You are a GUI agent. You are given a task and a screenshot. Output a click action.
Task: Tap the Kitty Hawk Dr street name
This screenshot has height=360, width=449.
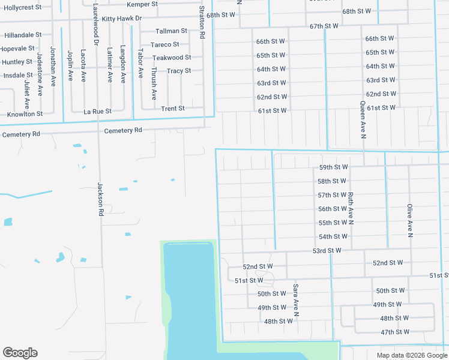(122, 19)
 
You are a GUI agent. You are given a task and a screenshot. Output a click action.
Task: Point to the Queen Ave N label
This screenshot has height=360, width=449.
(363, 119)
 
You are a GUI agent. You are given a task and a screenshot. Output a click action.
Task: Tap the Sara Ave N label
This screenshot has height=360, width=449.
(295, 300)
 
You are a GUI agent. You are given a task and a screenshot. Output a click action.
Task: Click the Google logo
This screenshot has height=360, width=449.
(20, 353)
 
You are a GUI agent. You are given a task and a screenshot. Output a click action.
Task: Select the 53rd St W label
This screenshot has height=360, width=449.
(327, 250)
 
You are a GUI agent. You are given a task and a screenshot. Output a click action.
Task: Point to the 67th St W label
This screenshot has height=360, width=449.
(324, 26)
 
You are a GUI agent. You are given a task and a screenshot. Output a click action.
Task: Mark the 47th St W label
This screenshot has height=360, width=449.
(395, 332)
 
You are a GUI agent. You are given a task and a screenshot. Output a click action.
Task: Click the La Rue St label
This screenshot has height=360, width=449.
(97, 111)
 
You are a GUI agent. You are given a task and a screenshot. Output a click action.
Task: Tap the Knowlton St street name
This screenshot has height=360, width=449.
(25, 113)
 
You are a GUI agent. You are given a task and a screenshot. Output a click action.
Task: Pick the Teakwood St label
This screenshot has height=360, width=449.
(172, 58)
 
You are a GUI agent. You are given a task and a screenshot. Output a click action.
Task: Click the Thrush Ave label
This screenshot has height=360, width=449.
(154, 83)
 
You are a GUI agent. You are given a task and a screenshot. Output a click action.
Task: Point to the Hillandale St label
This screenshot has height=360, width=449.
(22, 35)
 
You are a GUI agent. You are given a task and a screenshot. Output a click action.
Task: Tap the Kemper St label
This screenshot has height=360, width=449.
(142, 4)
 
